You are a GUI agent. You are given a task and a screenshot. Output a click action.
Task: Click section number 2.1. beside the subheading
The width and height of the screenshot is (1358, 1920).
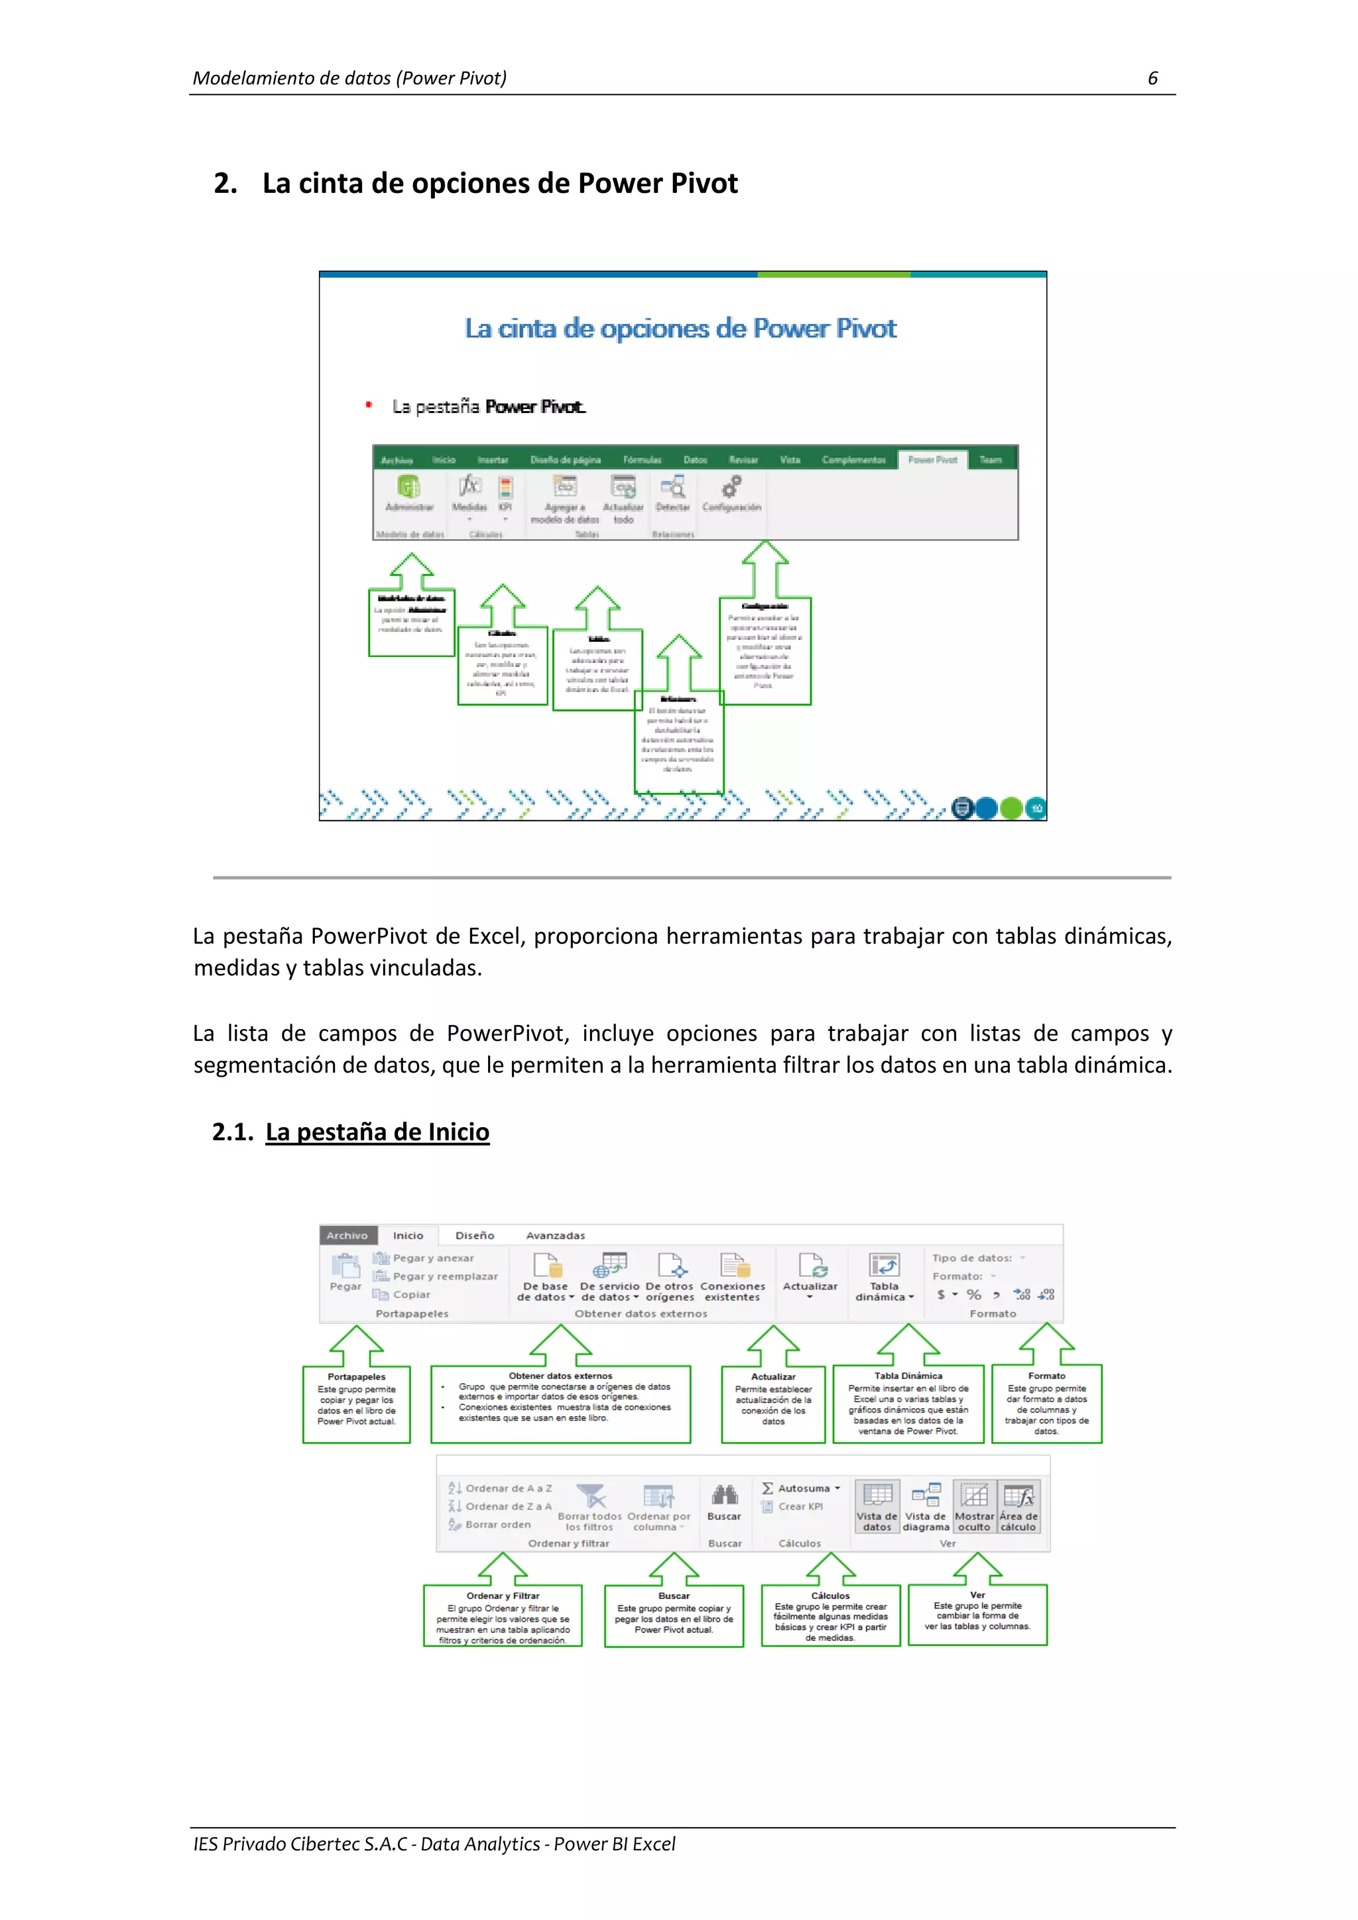tap(233, 1132)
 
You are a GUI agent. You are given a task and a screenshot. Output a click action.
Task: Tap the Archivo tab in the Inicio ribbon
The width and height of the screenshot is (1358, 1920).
tap(347, 1235)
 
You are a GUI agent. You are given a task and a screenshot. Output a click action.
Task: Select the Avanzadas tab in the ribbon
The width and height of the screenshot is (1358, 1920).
tap(555, 1235)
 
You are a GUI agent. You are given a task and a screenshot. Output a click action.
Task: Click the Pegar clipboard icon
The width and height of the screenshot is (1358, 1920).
tap(345, 1267)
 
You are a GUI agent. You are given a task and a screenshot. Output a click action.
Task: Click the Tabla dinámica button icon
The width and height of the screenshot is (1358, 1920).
tap(884, 1265)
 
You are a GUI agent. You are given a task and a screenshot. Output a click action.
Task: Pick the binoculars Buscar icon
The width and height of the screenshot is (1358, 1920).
tap(724, 1495)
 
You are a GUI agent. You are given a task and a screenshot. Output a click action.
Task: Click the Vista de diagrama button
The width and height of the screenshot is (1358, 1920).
tap(926, 1507)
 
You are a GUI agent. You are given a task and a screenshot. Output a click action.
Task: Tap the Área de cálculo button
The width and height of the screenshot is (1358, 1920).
tap(1018, 1507)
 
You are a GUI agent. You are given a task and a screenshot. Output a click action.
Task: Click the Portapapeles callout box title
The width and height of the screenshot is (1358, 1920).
tap(356, 1376)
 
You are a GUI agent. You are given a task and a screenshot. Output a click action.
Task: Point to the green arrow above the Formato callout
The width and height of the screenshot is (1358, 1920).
tap(1047, 1343)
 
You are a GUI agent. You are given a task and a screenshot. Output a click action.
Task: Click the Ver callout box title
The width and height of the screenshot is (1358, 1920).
tap(977, 1594)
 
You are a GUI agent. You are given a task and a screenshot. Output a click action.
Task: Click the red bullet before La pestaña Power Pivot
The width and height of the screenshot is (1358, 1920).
tap(368, 406)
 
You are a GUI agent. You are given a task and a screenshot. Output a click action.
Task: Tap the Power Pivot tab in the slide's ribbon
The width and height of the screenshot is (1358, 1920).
tap(932, 460)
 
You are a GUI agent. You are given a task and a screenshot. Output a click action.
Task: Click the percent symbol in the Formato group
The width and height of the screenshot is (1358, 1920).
tap(974, 1295)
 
